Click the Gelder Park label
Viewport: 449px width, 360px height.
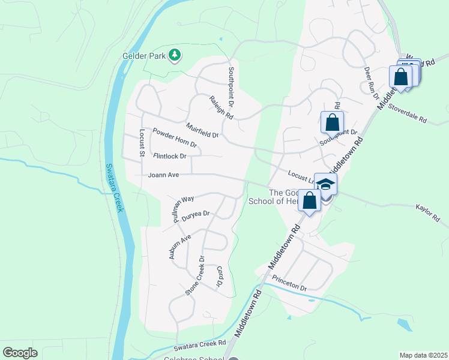[x=143, y=56]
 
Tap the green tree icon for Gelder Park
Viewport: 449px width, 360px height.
[x=175, y=55]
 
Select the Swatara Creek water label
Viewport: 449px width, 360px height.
[x=115, y=187]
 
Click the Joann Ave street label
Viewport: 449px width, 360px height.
[x=164, y=175]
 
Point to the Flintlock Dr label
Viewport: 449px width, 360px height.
[x=170, y=156]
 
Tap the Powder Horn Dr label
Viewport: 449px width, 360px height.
[x=175, y=137]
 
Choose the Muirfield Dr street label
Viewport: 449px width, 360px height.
[x=202, y=130]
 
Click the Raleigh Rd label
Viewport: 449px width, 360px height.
[x=221, y=107]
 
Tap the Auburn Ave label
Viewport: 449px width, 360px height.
[x=178, y=247]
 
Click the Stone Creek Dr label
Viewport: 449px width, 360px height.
[x=195, y=276]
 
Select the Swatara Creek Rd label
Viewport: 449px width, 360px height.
[x=199, y=346]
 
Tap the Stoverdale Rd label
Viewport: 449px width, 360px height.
[x=407, y=112]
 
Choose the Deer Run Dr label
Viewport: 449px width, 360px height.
[x=372, y=83]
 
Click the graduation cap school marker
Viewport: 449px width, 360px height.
[x=325, y=185]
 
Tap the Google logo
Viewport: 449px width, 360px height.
[x=20, y=352]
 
